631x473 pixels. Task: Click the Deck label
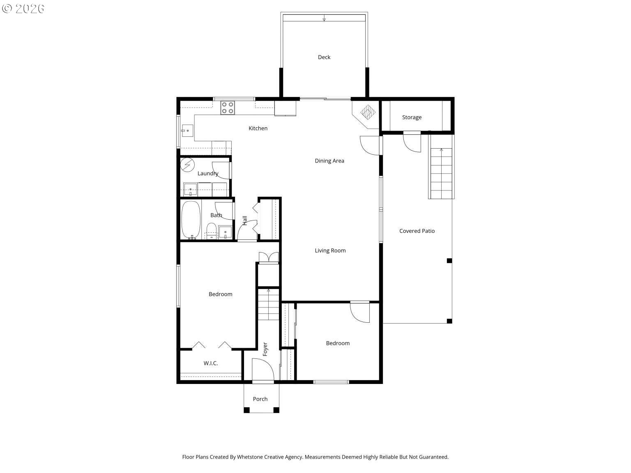(324, 57)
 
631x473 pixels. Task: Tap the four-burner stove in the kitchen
(227, 108)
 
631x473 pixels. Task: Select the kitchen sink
(187, 131)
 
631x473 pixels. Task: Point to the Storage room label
(412, 117)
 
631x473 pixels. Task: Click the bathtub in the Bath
(191, 220)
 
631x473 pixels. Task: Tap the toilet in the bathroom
(211, 231)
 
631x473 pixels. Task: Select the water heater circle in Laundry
(188, 165)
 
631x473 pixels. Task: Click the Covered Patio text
(417, 231)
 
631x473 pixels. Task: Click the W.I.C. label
(210, 363)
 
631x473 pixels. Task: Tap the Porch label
(260, 399)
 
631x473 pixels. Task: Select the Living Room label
(330, 250)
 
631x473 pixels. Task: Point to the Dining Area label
(329, 161)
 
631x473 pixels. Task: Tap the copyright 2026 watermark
(23, 9)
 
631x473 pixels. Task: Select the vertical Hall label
(245, 220)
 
